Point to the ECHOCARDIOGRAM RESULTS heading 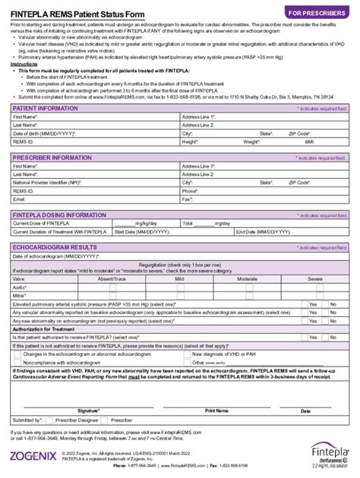pos(54,247)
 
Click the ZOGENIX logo pos(33,456)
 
